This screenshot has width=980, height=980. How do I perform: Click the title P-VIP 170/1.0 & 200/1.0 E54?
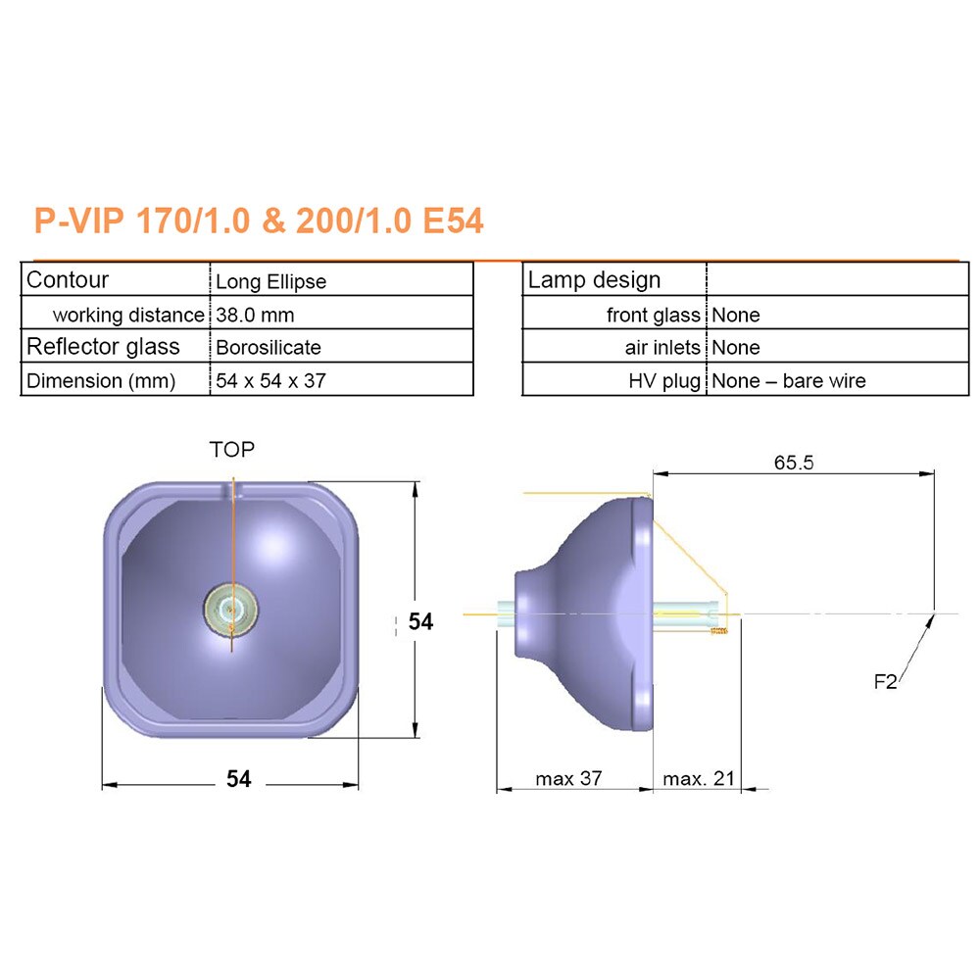[x=259, y=220]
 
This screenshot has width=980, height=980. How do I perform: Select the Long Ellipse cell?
[x=271, y=282]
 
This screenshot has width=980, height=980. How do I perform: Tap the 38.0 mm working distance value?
[x=255, y=316]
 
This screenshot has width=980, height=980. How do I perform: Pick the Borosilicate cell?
[x=269, y=348]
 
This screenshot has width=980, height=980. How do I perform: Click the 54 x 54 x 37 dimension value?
[x=271, y=380]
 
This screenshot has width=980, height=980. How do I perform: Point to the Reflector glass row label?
[x=103, y=347]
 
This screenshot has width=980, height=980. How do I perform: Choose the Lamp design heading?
[x=594, y=280]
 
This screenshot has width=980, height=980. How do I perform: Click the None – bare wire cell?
[x=788, y=380]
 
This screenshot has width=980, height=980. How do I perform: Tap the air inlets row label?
[x=662, y=348]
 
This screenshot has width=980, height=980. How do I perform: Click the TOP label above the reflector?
[x=231, y=450]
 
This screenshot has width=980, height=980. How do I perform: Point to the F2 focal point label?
[x=885, y=682]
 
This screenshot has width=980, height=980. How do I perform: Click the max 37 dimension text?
[x=568, y=779]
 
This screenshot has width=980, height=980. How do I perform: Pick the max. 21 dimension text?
[x=698, y=779]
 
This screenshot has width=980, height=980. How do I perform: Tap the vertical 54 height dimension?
[x=420, y=621]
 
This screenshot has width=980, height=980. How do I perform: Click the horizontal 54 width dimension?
[x=239, y=779]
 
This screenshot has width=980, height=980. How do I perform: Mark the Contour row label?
[x=68, y=280]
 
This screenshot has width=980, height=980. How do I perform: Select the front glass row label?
[x=654, y=316]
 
